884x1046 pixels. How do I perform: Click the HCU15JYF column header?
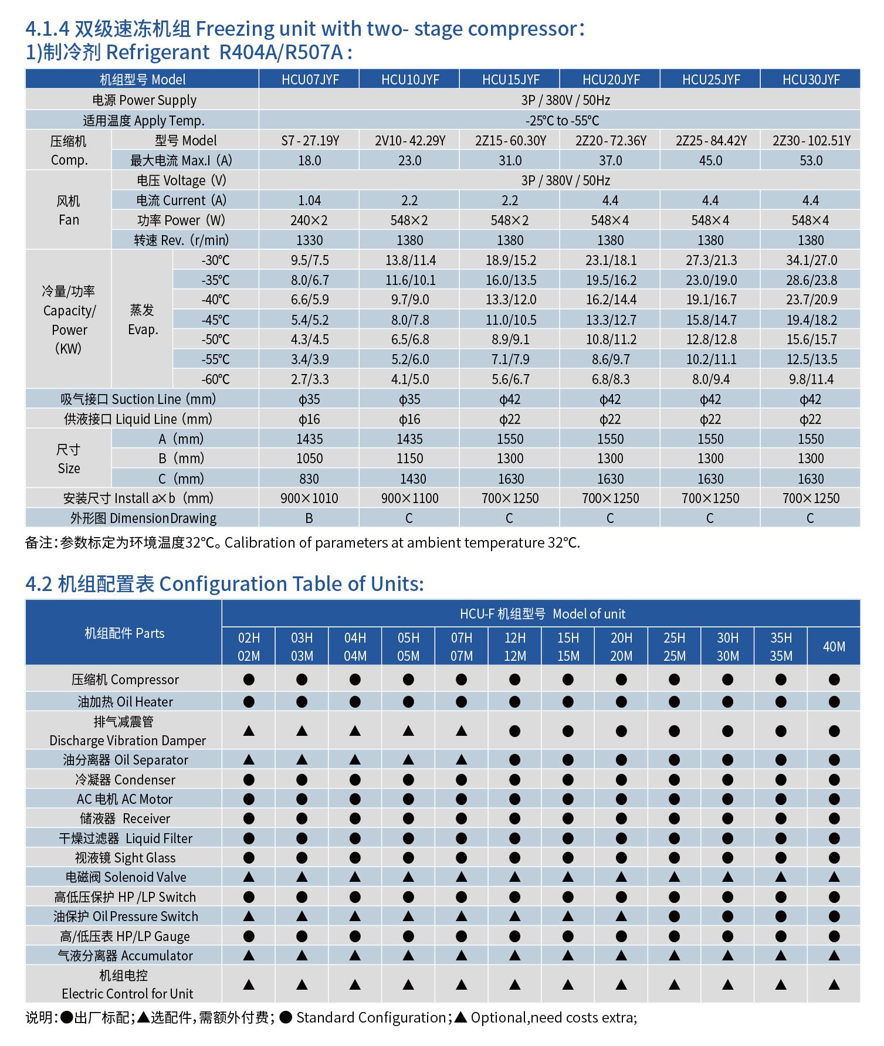click(510, 80)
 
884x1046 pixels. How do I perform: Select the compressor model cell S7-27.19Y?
click(310, 141)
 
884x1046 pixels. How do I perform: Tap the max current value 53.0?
click(811, 161)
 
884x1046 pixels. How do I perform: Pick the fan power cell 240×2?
click(309, 220)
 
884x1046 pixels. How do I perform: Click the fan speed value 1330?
click(309, 240)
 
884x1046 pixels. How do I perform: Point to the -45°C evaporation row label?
click(215, 320)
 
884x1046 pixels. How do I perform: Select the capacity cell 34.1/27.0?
click(811, 260)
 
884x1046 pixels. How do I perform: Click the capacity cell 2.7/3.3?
click(309, 379)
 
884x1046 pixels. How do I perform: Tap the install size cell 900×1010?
click(309, 498)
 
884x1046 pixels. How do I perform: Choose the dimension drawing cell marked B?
click(309, 518)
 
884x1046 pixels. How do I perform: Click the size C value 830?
click(309, 479)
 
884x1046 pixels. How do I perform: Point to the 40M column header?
click(834, 647)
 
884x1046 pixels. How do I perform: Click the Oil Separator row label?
click(125, 760)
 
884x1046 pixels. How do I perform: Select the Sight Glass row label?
click(125, 858)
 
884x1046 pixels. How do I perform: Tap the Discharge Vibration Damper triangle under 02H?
click(249, 731)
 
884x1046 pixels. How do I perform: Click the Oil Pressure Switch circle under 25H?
click(674, 916)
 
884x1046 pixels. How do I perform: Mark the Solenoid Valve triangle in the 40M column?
click(834, 877)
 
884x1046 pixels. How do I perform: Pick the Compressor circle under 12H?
click(514, 680)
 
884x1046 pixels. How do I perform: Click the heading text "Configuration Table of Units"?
click(291, 584)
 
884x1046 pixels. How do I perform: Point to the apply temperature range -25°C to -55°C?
click(561, 121)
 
